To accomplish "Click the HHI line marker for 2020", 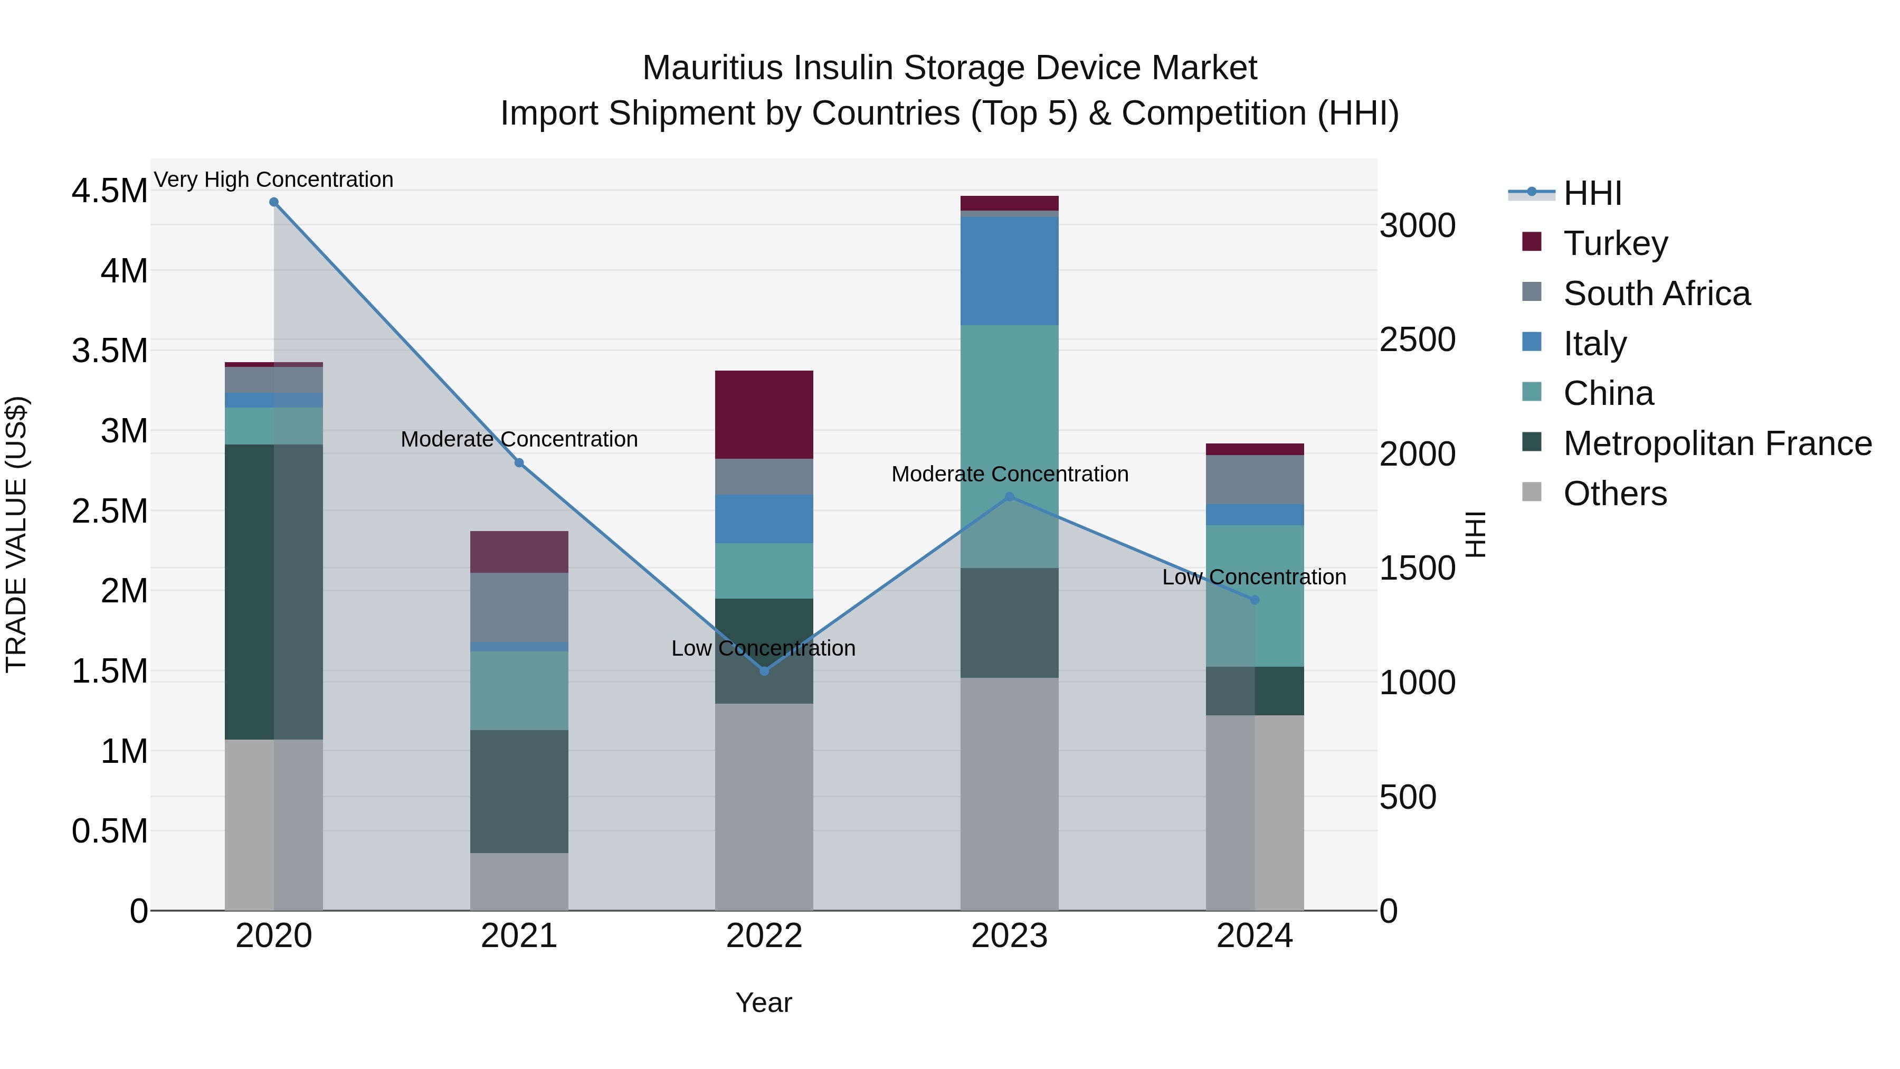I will click(x=273, y=202).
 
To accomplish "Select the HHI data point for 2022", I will click(x=764, y=670).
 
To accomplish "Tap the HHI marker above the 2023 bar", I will click(x=1010, y=497).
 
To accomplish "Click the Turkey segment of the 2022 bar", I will click(x=764, y=414).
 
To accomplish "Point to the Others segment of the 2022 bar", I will click(x=764, y=806).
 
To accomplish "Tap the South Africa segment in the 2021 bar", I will click(x=519, y=607).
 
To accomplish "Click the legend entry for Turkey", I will click(x=1616, y=243).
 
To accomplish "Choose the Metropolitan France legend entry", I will click(x=1717, y=443).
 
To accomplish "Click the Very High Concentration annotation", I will click(x=273, y=179).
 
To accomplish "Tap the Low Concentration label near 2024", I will click(x=1254, y=577).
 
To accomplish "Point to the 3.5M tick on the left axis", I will click(x=109, y=351).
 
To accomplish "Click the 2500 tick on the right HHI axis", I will click(x=1417, y=340).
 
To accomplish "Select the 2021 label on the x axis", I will click(x=519, y=936).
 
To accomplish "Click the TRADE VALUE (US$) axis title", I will click(x=16, y=534).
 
